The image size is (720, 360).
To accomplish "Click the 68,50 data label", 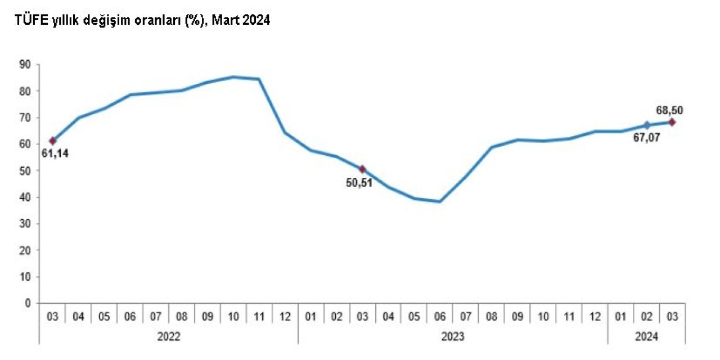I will point(671,110).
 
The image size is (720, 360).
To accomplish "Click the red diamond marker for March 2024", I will point(672,122).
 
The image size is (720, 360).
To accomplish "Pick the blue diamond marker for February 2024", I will point(647,125).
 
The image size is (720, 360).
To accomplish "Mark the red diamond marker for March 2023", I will point(362,169).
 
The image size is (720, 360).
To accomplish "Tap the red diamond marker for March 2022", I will point(53,141).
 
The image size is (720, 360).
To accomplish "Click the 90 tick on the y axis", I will point(25,64).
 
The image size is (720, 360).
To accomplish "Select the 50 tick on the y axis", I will point(25,170).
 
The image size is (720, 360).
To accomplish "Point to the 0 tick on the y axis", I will point(28,303).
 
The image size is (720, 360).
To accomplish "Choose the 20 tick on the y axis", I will point(25,250).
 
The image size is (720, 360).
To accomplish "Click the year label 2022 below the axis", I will point(169,337).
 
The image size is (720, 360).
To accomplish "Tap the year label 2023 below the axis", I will point(453,337).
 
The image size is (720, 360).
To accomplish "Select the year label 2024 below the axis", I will point(646,337).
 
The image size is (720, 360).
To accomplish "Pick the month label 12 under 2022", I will point(285,317).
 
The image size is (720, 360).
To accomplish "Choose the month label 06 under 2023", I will point(440,317).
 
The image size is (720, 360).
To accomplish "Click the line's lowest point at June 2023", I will point(440,201).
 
